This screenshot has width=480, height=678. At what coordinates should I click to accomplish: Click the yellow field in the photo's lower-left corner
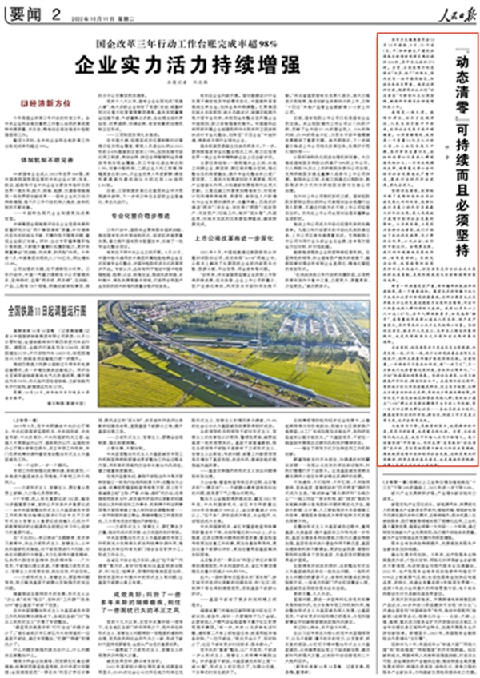(x=128, y=388)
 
